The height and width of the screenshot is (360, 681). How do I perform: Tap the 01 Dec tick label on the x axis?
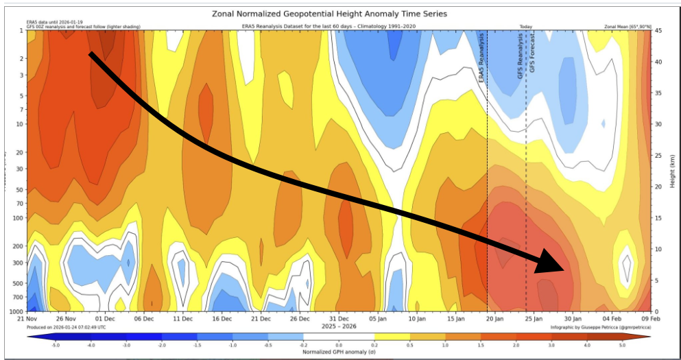pos(105,319)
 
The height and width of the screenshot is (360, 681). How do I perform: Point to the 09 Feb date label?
pos(650,319)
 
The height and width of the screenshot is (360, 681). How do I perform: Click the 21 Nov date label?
pos(27,319)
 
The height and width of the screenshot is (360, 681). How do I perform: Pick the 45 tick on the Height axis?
pos(658,31)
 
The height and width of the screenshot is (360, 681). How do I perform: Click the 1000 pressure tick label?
pos(16,312)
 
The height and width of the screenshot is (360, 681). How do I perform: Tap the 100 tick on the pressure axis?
pos(18,217)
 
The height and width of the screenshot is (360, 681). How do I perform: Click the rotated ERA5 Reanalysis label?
pos(481,59)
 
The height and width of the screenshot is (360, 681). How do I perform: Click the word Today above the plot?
pos(526,26)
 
